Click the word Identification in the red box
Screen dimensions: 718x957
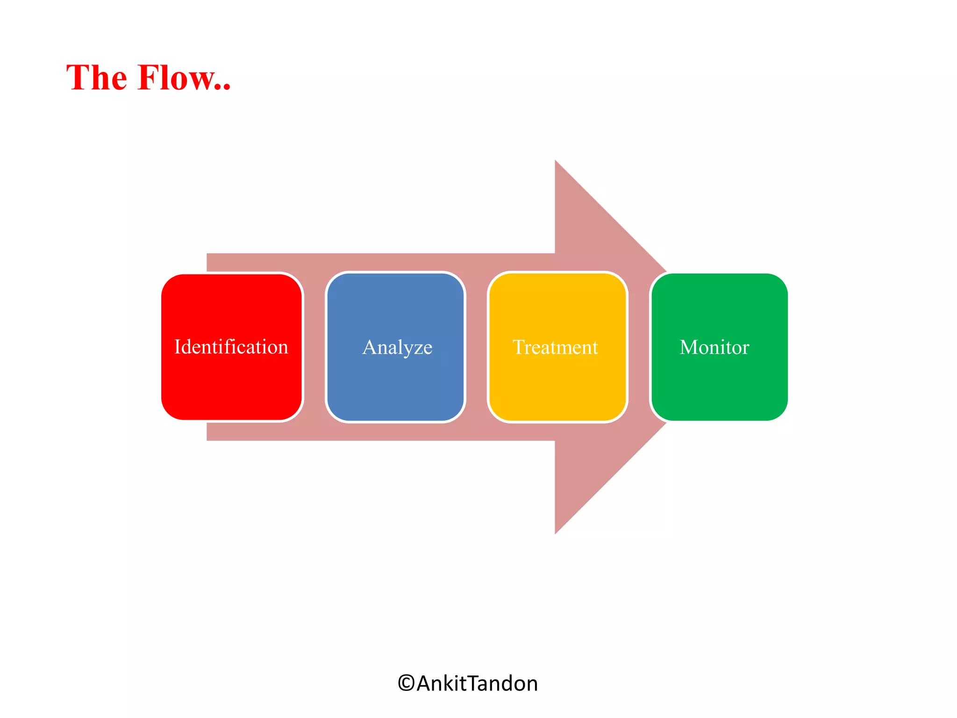point(231,347)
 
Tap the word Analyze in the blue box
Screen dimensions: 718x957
point(397,347)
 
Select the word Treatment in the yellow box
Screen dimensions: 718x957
point(555,347)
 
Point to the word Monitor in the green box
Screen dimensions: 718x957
point(714,347)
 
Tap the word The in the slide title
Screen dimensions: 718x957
point(96,78)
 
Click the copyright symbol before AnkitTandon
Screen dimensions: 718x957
point(406,683)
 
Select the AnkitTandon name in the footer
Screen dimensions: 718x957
point(477,683)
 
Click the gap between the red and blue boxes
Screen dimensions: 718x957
point(314,347)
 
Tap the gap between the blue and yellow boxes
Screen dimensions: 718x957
point(476,347)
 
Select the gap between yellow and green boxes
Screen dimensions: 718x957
point(639,347)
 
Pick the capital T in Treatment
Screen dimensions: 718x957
point(518,347)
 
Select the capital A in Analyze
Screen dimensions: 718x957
point(370,347)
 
